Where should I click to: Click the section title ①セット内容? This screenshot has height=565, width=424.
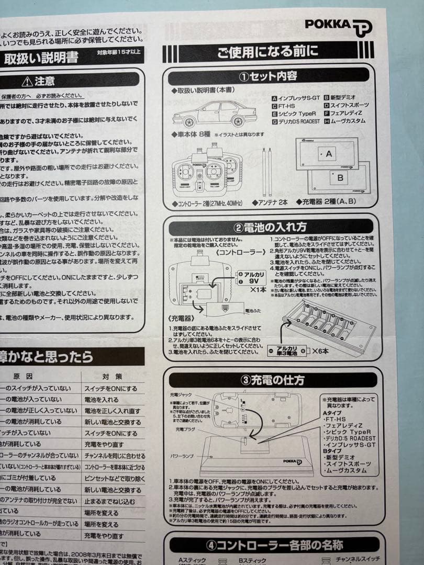pos(268,76)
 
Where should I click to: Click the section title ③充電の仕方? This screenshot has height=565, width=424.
pos(270,379)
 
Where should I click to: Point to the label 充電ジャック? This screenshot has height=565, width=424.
pos(182,393)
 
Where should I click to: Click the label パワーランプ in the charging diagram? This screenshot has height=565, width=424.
pos(183,456)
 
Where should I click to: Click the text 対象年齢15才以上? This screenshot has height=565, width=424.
pos(119,52)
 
